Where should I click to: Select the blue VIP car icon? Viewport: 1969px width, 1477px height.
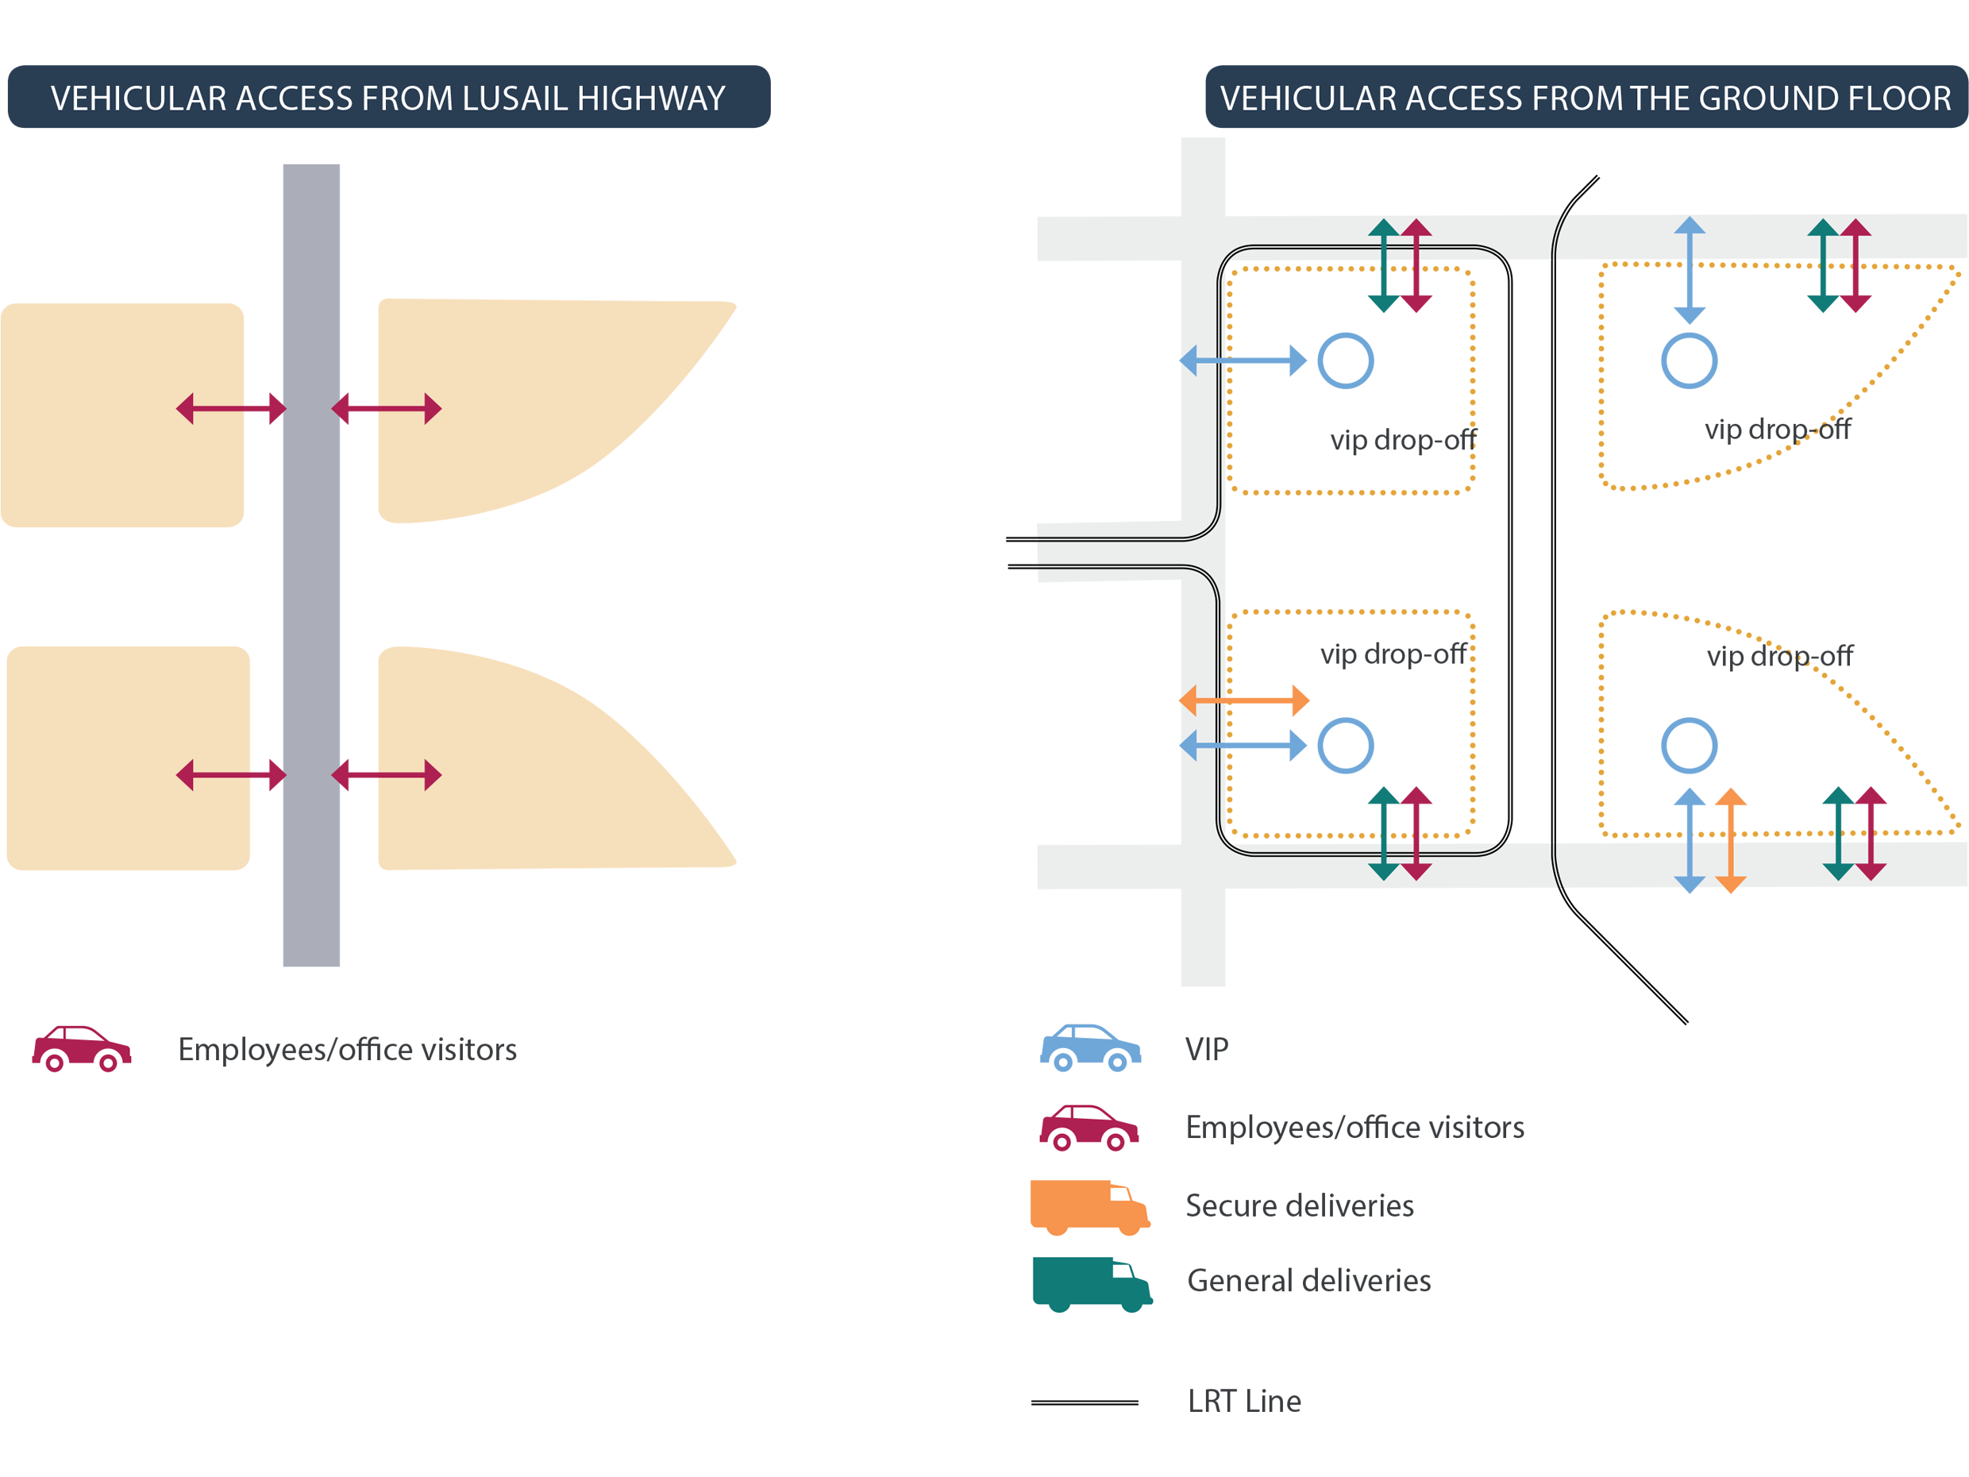1089,1048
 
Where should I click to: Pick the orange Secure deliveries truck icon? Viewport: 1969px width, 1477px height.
1089,1206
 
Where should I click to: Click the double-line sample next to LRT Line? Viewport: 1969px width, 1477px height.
1085,1402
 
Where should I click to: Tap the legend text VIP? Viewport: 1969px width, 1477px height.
1206,1049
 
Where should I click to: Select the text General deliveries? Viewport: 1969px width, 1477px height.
1308,1280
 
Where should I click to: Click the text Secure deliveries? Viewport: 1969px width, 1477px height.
1299,1205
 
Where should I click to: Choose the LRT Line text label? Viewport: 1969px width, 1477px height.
1243,1402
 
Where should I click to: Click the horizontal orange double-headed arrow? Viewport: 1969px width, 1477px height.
1243,700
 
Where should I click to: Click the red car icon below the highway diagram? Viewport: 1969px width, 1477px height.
82,1048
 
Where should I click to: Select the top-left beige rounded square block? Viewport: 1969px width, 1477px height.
122,415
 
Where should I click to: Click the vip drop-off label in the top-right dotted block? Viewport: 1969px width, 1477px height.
1777,429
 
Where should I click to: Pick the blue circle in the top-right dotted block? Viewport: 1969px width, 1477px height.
1689,361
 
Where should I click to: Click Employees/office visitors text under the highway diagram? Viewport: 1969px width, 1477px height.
347,1049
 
